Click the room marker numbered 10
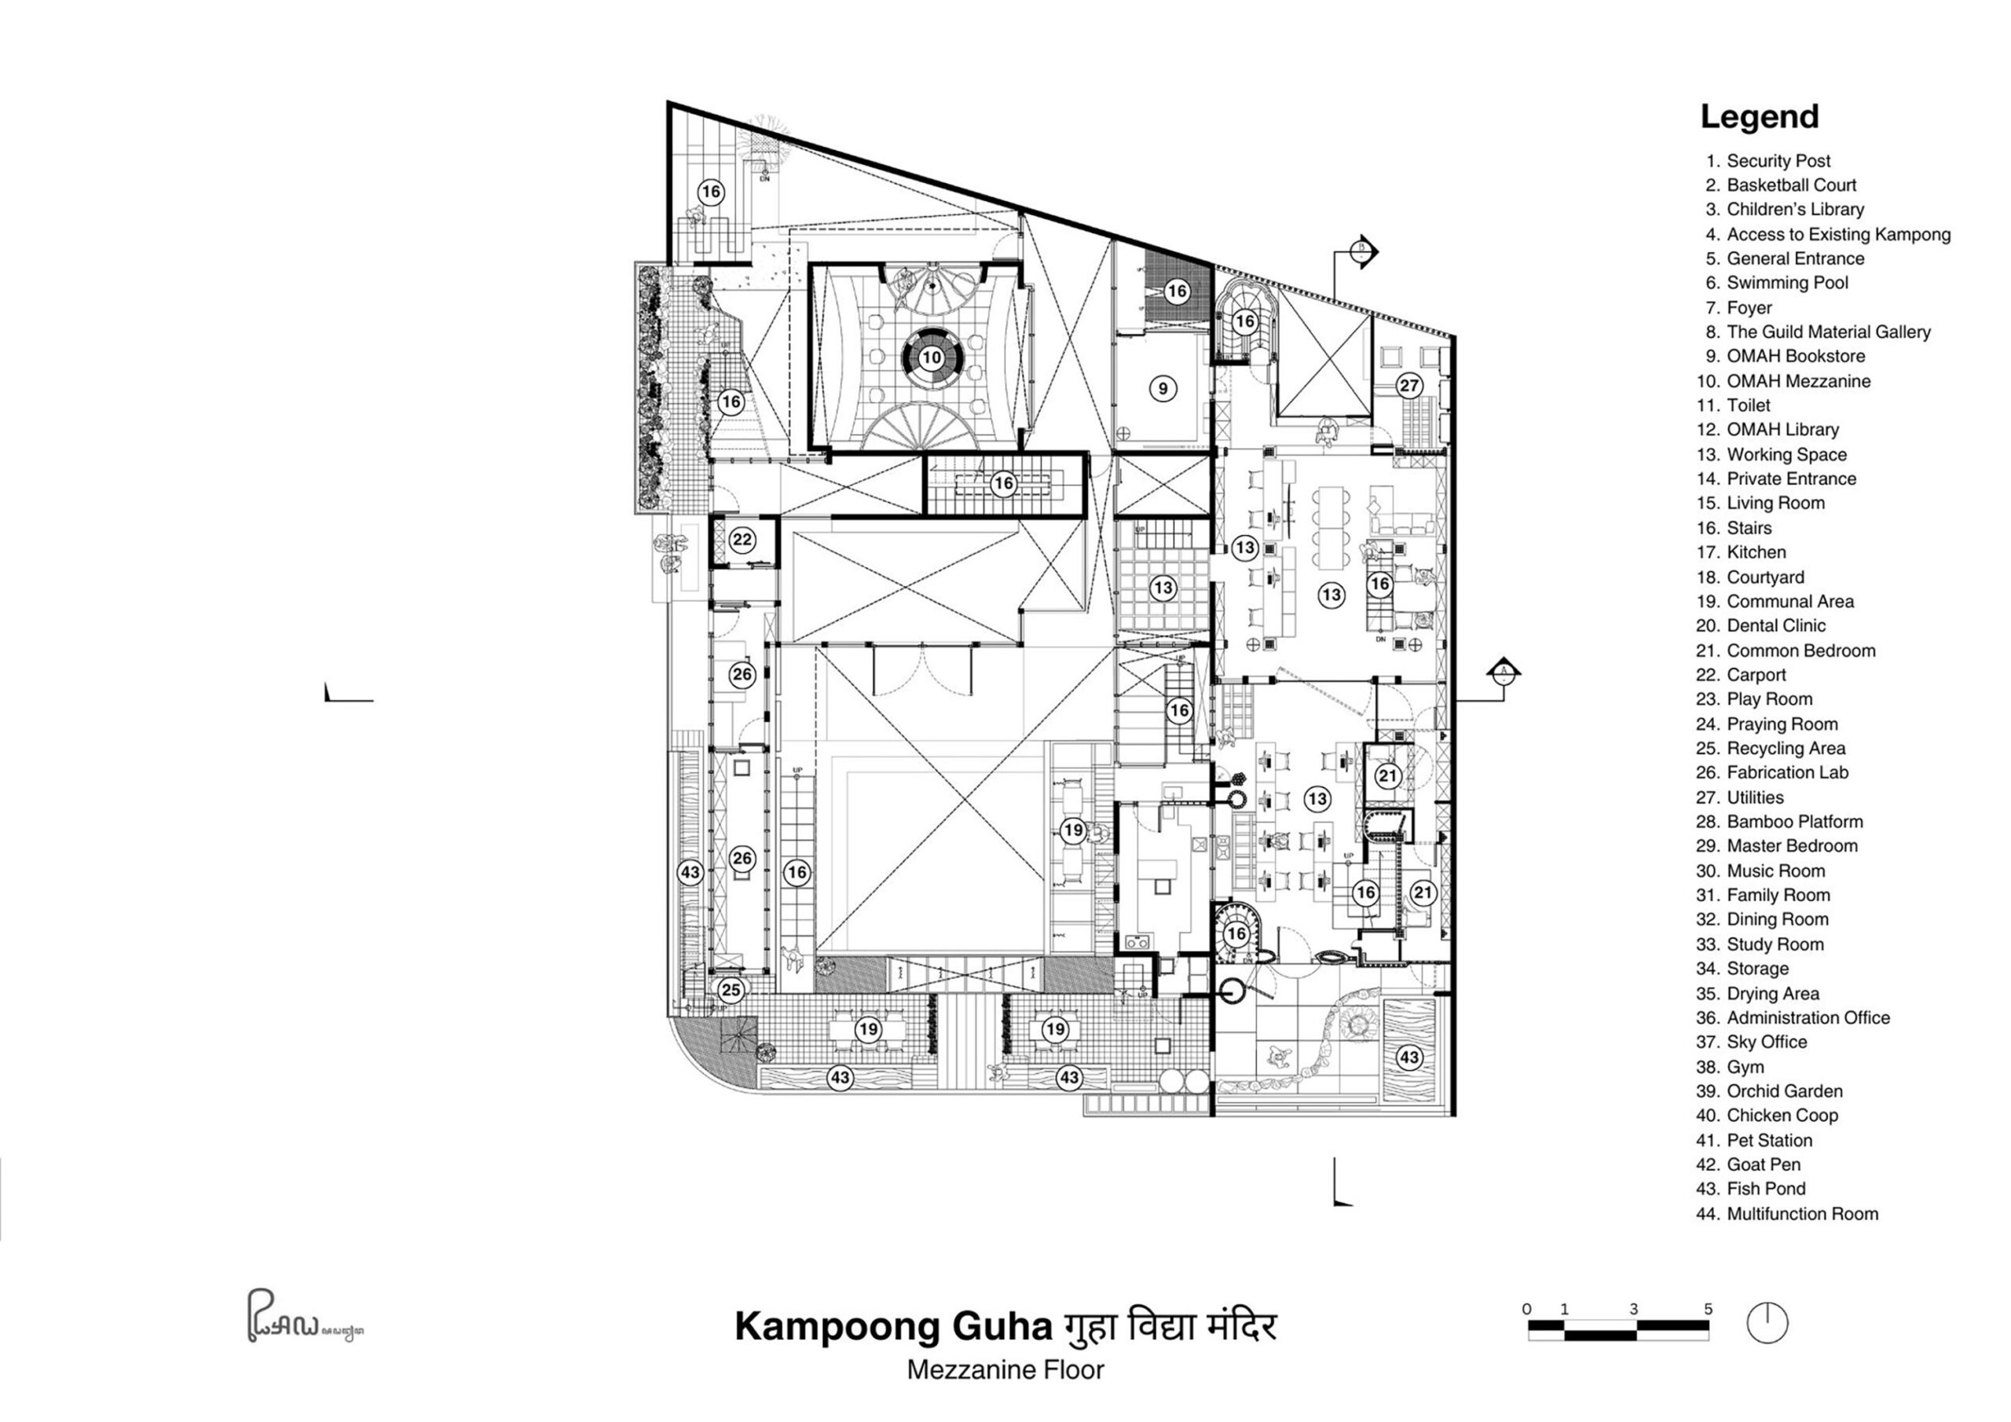(x=931, y=357)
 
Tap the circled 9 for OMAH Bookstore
(x=1163, y=389)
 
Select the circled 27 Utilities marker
(x=1409, y=386)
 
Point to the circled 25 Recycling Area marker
(x=731, y=991)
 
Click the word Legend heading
(x=1759, y=116)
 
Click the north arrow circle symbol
(x=1767, y=1323)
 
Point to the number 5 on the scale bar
(x=1708, y=1310)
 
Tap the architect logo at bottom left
(x=303, y=1317)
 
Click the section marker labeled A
(x=1503, y=673)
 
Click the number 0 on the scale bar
(x=1526, y=1310)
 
